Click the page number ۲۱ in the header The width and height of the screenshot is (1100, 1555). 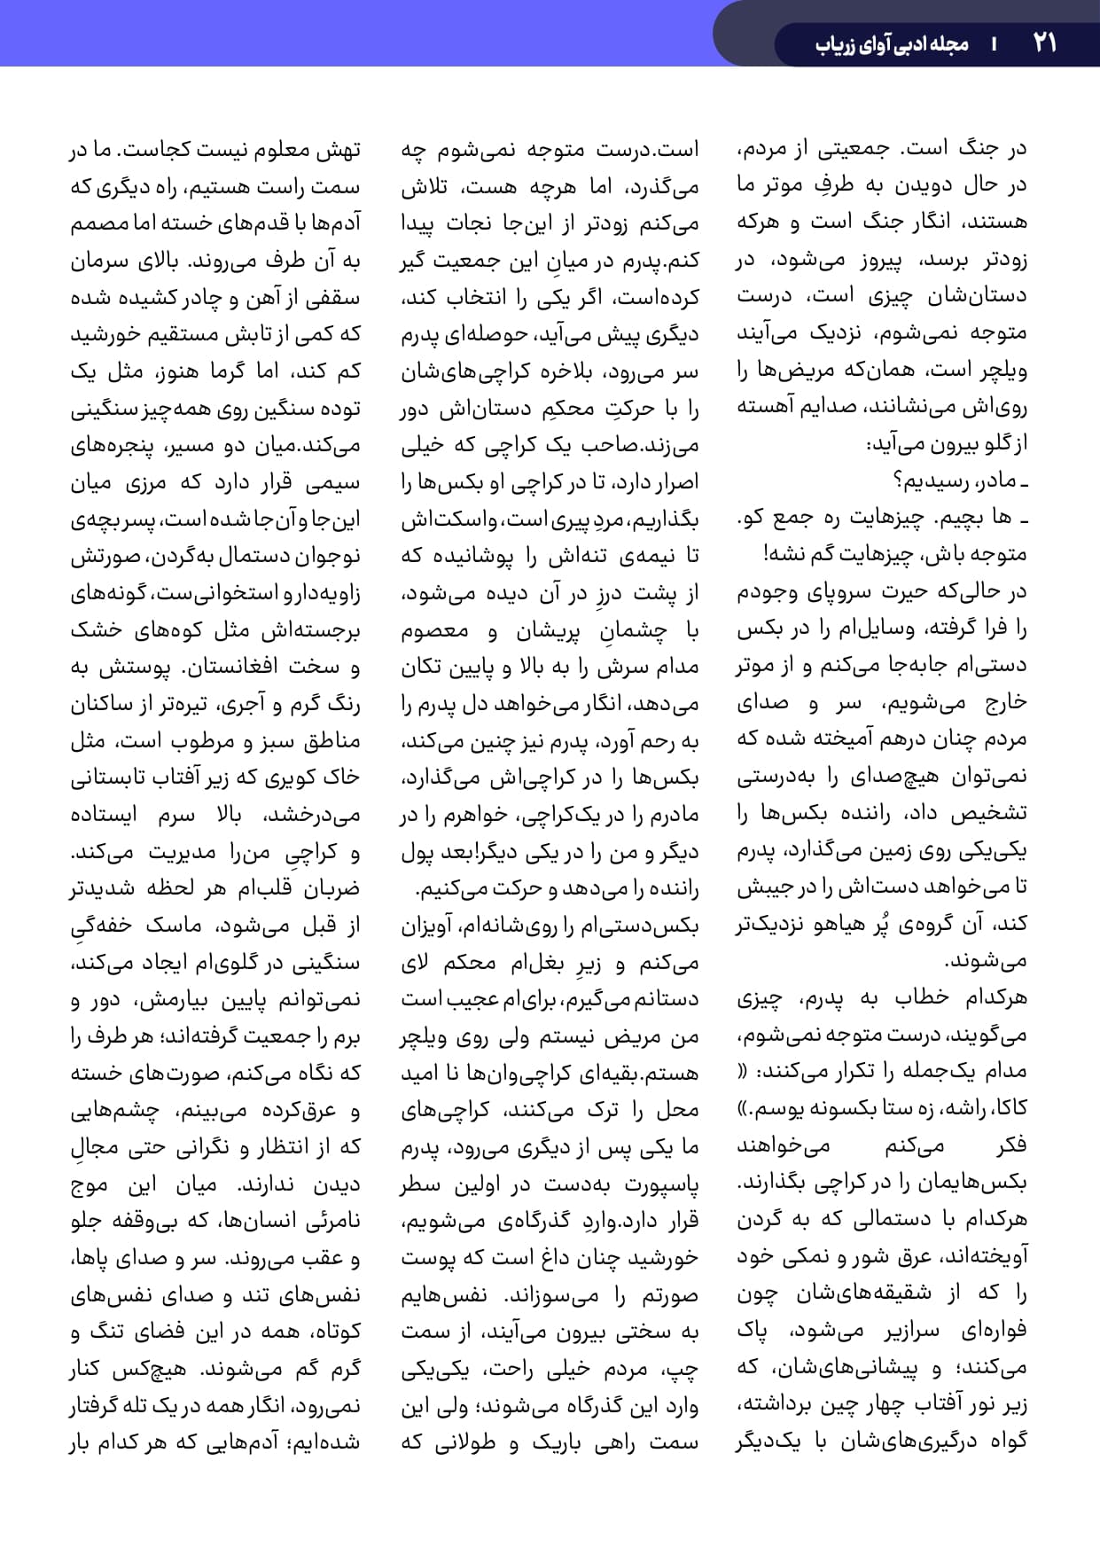coord(1044,43)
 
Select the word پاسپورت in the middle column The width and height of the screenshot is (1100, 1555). coord(661,1184)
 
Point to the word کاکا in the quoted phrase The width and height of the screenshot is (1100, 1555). coord(1011,1108)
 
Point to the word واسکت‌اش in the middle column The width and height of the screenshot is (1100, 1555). coord(443,519)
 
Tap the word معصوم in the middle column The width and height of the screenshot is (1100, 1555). coord(435,630)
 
